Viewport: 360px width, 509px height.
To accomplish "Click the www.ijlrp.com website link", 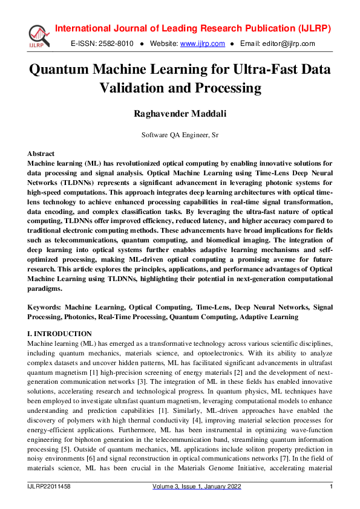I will point(203,44).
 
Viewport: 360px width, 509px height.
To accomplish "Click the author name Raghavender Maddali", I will point(180,114).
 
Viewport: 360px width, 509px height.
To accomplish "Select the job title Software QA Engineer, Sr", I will point(180,135).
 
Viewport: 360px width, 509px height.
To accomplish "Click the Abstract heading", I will point(41,154).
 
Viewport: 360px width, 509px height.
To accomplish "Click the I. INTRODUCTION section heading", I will point(60,334).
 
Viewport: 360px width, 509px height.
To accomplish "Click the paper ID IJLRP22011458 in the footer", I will point(49,487).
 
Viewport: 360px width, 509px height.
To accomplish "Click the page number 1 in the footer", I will point(331,487).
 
